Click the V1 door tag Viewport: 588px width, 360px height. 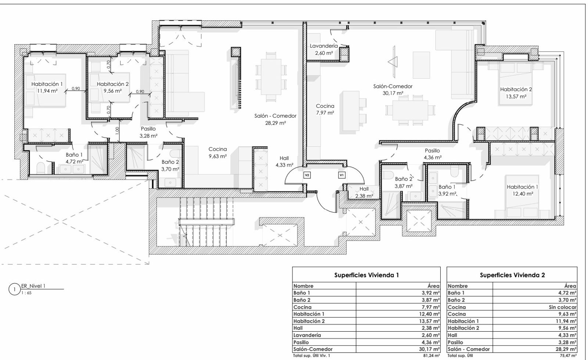(x=341, y=175)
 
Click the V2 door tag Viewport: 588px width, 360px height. (x=307, y=175)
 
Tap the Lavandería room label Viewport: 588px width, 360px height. (x=324, y=46)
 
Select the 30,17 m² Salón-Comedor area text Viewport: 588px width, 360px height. (x=393, y=93)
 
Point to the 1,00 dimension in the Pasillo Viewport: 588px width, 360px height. (x=117, y=130)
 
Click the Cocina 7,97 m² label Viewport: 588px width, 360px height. (x=325, y=109)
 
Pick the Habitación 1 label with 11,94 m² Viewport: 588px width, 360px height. (x=47, y=88)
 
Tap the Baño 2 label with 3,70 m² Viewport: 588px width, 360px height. (x=170, y=165)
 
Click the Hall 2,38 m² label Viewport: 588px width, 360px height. (x=364, y=192)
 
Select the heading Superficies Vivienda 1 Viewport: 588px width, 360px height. (x=366, y=275)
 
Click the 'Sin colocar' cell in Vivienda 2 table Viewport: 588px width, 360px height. (x=563, y=307)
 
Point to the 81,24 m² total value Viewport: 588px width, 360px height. (x=431, y=356)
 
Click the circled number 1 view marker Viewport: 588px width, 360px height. (x=14, y=289)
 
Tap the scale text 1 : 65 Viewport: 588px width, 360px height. (x=26, y=293)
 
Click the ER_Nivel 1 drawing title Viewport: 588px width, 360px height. (x=33, y=286)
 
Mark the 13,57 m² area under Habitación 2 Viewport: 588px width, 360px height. (x=516, y=96)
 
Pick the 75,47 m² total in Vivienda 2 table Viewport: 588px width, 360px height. (x=568, y=356)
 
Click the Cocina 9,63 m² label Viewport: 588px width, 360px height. (x=218, y=153)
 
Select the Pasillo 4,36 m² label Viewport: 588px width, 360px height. (x=432, y=154)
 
